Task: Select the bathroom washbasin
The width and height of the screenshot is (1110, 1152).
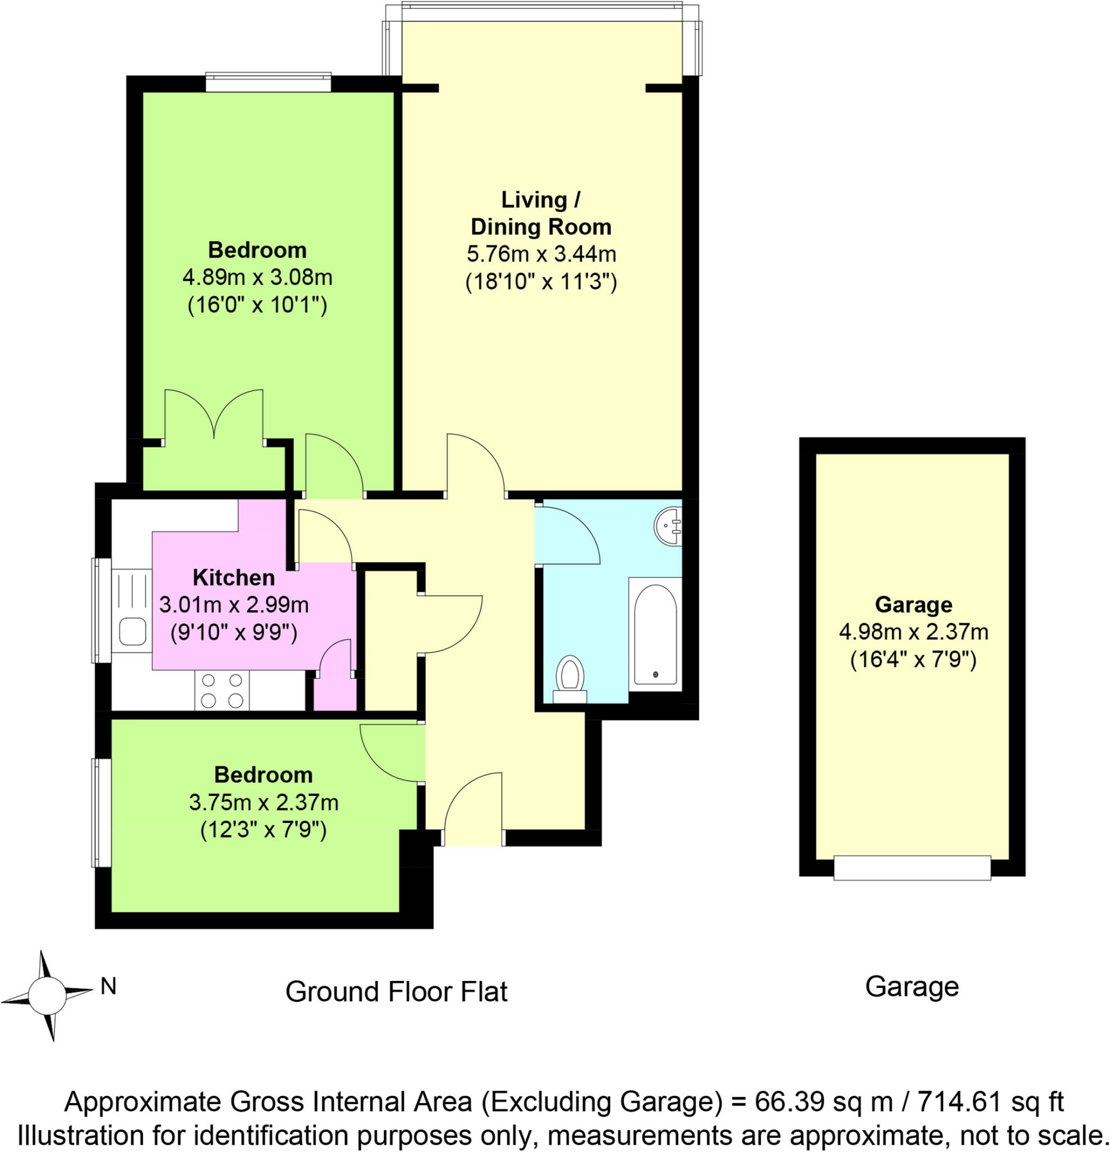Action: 668,525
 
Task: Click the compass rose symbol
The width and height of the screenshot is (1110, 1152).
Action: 47,996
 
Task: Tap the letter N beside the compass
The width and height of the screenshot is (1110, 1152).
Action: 108,986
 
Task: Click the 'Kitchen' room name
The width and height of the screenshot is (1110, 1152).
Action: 234,578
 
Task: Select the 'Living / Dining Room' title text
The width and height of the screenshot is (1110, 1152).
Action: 540,213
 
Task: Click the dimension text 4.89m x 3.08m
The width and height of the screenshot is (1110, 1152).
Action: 258,277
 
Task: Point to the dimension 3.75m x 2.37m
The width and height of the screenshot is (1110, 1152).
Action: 263,802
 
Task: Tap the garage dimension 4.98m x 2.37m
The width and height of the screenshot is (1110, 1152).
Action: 913,632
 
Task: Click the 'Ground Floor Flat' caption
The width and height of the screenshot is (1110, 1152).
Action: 396,992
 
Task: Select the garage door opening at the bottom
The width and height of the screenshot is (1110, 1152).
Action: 912,867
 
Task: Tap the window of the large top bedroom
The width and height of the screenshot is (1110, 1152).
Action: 269,82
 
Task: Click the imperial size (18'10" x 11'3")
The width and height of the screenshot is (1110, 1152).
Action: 540,283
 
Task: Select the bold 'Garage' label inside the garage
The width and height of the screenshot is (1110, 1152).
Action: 913,604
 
